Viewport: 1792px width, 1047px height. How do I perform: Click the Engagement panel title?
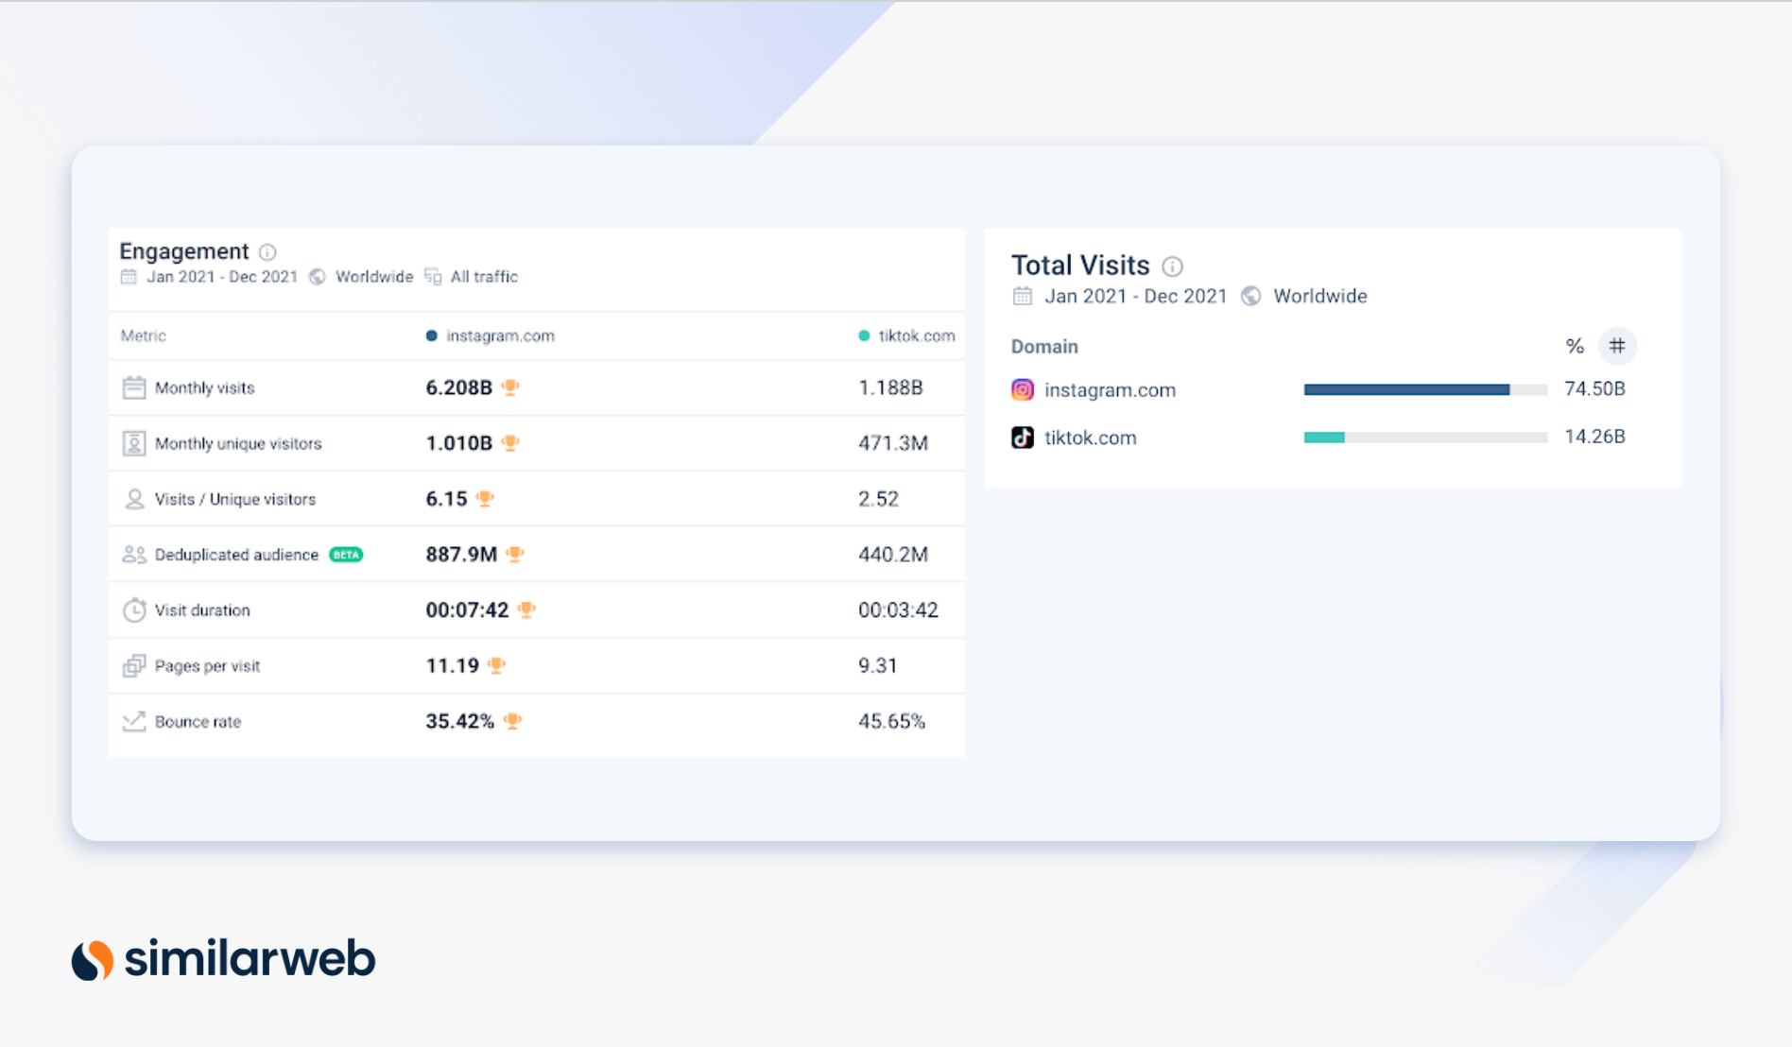(x=183, y=251)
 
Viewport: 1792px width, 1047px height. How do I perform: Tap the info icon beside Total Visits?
(x=1172, y=266)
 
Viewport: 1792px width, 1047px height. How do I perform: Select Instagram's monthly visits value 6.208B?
(x=458, y=387)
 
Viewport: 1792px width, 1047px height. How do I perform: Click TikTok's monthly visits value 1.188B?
(x=890, y=387)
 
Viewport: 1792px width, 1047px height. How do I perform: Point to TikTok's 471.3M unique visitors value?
(x=893, y=443)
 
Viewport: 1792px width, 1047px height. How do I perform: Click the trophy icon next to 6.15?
(x=485, y=498)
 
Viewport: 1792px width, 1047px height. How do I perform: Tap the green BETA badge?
(x=346, y=555)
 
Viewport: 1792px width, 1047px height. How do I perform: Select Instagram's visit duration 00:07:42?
(x=467, y=610)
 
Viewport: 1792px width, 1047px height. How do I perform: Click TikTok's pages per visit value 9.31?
(x=877, y=666)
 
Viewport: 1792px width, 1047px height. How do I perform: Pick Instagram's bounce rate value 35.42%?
(x=459, y=722)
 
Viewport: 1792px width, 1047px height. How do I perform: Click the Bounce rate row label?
(x=198, y=722)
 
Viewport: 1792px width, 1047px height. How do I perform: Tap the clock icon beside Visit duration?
(x=134, y=610)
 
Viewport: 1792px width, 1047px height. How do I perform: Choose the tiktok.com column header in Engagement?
(x=916, y=335)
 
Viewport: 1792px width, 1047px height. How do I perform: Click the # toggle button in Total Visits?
(x=1617, y=346)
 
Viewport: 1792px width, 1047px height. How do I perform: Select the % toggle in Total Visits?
(x=1574, y=346)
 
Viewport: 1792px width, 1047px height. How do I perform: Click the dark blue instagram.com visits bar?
(x=1406, y=389)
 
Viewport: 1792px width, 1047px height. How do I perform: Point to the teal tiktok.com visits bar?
(x=1324, y=437)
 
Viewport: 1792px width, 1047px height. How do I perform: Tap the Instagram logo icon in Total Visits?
(x=1023, y=389)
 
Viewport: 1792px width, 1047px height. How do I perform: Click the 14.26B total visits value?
(x=1594, y=437)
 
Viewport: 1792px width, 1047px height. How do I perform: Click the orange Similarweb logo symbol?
(x=93, y=960)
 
